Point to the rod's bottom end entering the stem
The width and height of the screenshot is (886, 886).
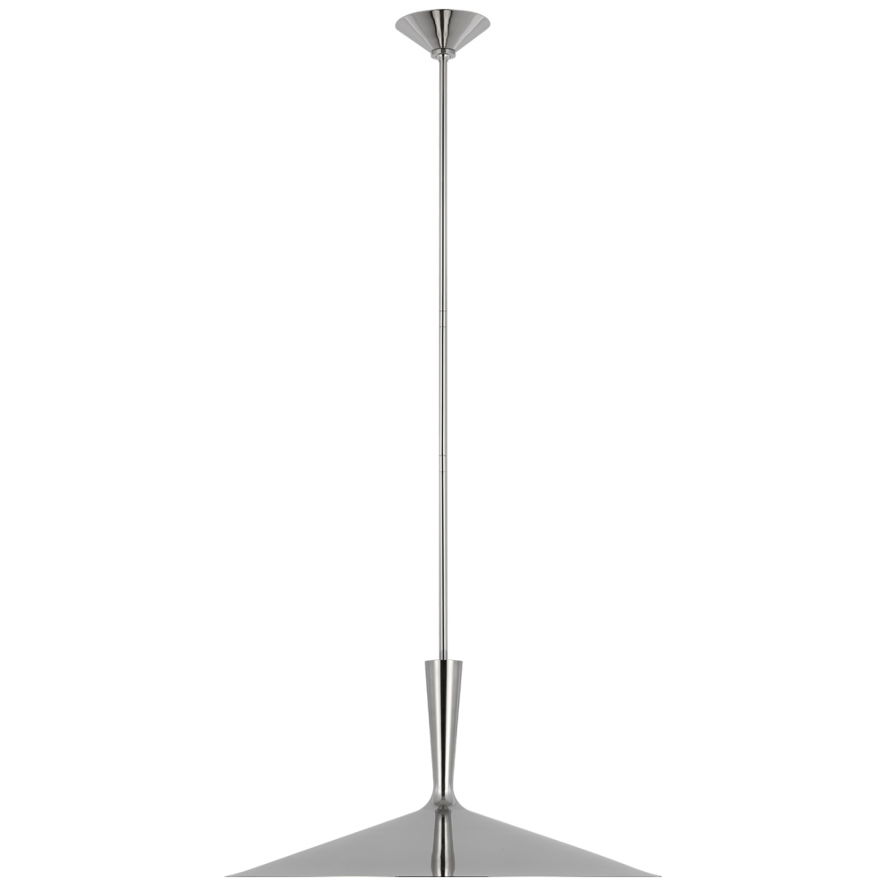pyautogui.click(x=442, y=654)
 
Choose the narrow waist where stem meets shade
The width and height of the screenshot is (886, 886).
pyautogui.click(x=443, y=793)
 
